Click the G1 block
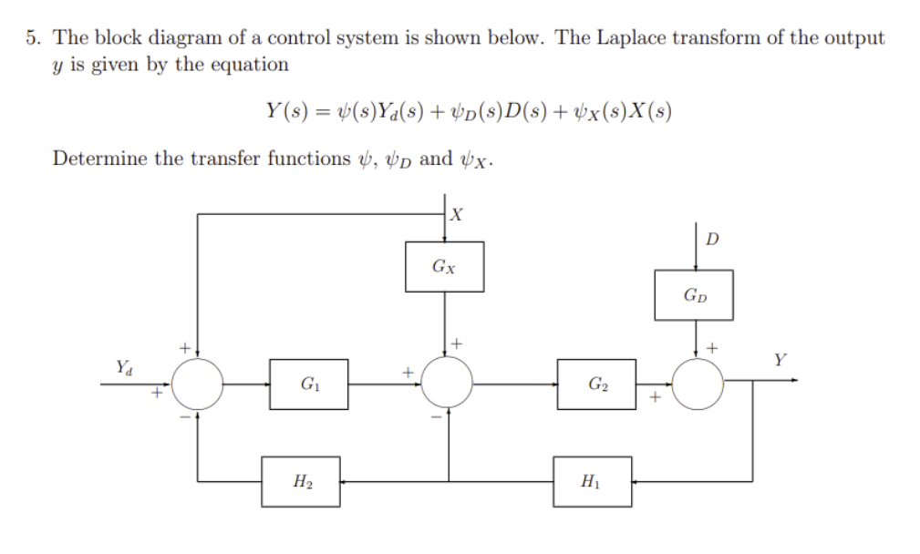click(308, 384)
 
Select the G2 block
click(596, 384)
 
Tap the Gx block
click(444, 267)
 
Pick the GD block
click(693, 295)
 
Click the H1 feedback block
click(592, 482)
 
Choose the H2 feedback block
click(300, 482)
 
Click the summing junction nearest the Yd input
click(197, 384)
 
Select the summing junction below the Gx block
click(446, 384)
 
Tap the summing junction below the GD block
click(697, 384)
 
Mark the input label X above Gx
click(458, 215)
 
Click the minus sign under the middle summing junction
click(436, 418)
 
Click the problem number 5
click(33, 38)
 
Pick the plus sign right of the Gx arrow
click(458, 344)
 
